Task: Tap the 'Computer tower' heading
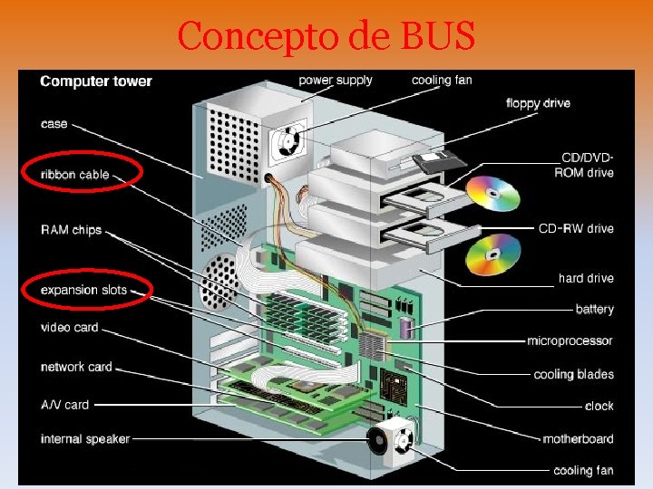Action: pos(96,81)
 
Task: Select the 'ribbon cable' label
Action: pos(75,175)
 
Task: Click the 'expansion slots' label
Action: pos(83,291)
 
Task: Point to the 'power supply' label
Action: pos(336,80)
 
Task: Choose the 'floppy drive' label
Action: pos(538,103)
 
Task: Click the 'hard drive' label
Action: pos(586,278)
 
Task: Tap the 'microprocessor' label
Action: pos(570,341)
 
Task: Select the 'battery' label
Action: pos(594,310)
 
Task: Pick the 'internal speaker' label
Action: pos(85,439)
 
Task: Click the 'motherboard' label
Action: pos(578,439)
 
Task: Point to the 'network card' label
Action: pos(76,367)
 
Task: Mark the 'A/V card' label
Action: pos(65,404)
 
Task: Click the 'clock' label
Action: pos(599,407)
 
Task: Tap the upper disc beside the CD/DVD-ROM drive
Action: pos(493,193)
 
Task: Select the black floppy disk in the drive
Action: pos(439,163)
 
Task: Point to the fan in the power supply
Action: pos(286,139)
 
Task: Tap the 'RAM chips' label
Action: pos(71,230)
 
